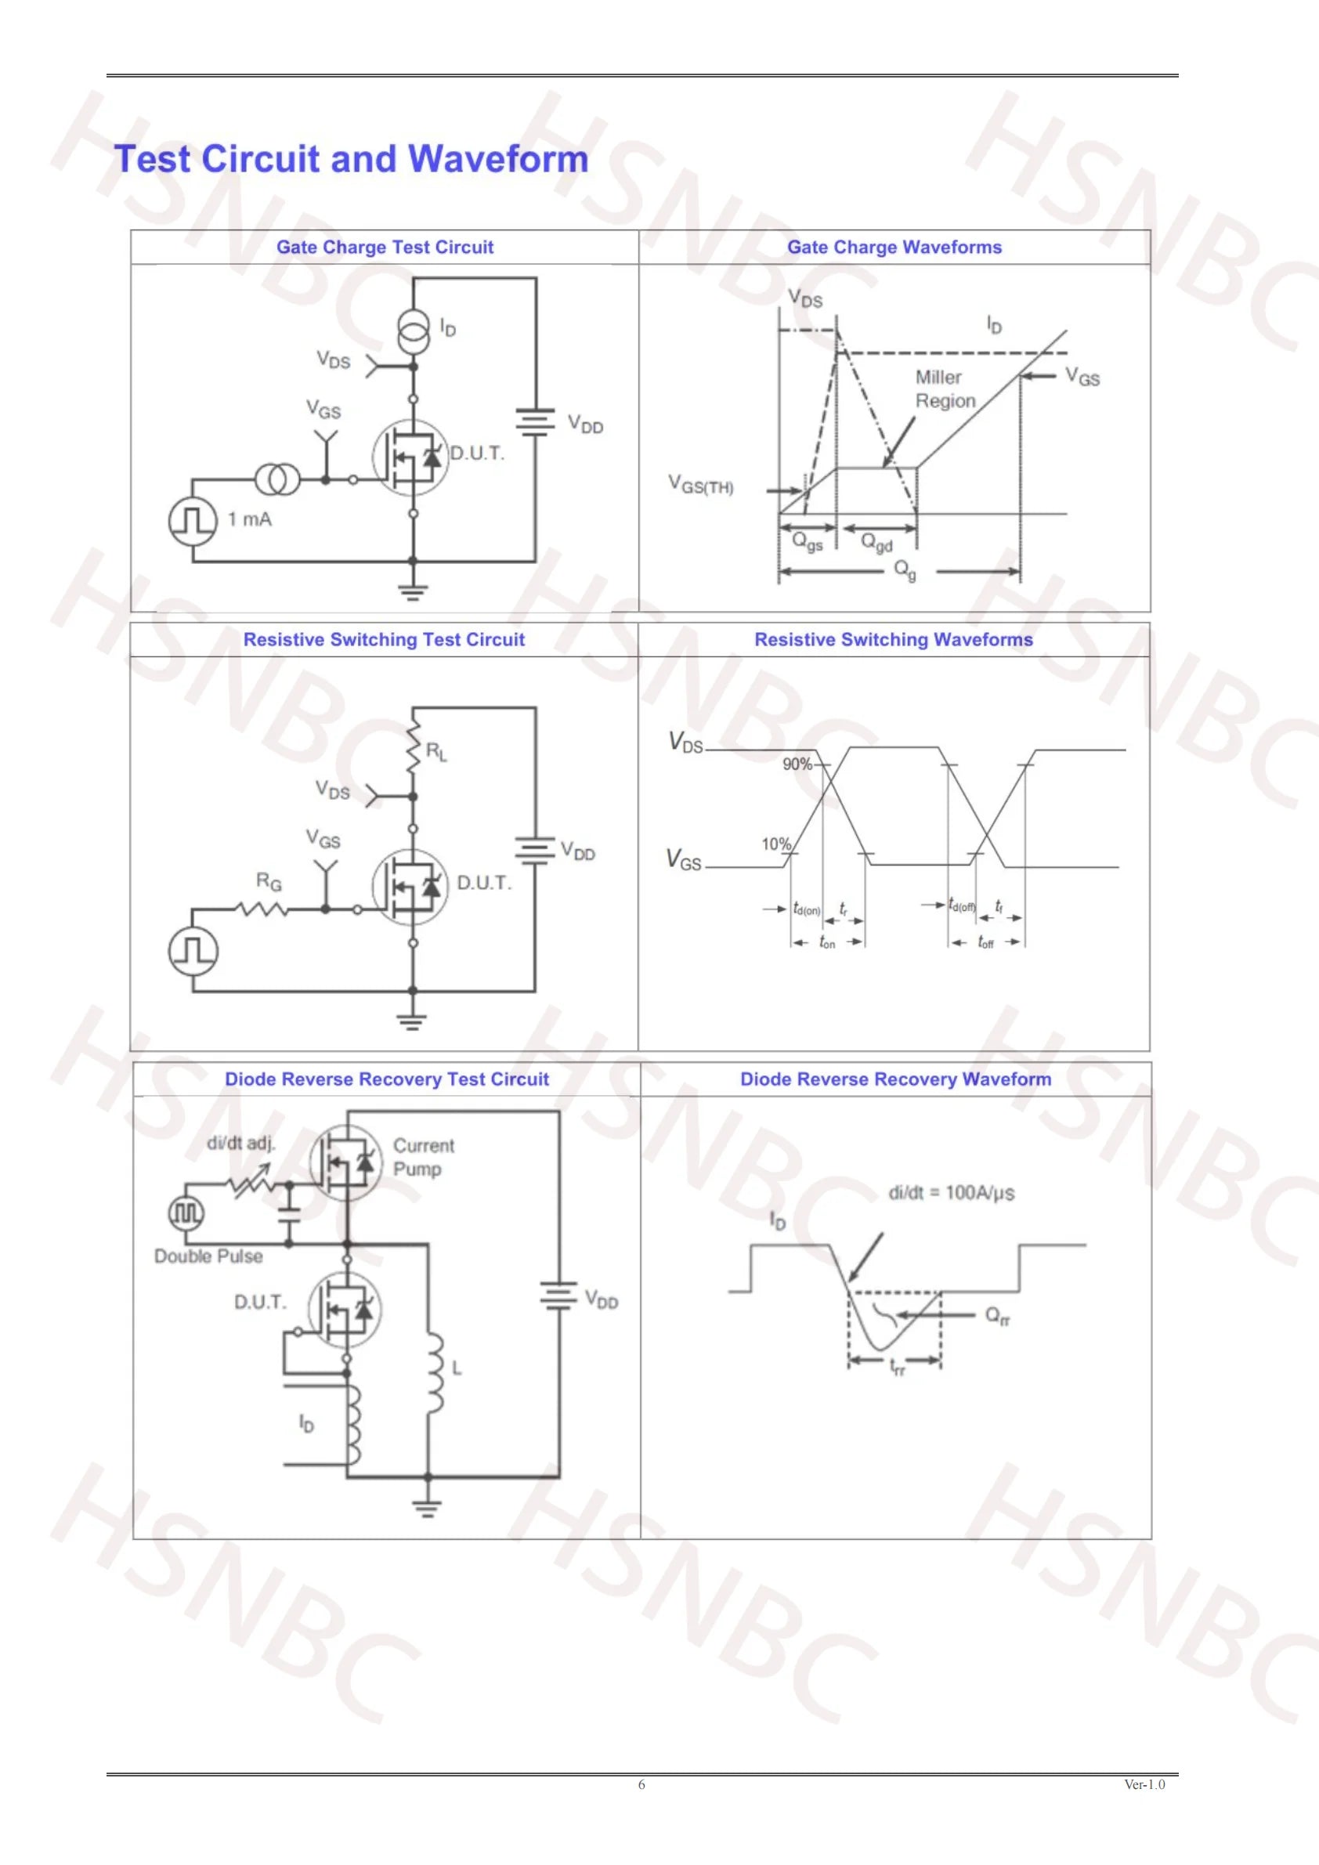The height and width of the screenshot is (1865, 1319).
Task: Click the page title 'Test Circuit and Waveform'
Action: click(x=351, y=158)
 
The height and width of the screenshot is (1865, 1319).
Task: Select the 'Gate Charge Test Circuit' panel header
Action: click(x=385, y=247)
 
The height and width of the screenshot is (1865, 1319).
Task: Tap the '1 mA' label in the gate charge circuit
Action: click(x=249, y=519)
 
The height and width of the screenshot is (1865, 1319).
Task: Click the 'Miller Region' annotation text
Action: click(x=945, y=389)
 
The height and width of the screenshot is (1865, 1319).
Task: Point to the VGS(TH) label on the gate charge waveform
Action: click(x=700, y=485)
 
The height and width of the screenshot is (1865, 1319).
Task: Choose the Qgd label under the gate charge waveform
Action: click(x=876, y=542)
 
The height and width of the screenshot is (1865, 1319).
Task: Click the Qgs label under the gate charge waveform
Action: click(x=808, y=542)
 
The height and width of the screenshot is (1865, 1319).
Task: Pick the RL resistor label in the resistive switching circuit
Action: click(x=437, y=751)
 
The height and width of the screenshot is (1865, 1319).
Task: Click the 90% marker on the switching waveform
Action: click(x=797, y=764)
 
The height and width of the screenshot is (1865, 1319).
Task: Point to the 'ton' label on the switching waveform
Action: click(x=827, y=942)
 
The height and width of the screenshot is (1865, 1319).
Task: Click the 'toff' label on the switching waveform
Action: click(x=985, y=942)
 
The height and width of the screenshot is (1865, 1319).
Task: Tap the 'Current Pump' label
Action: click(x=424, y=1157)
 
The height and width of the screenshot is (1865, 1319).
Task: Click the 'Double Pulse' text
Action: click(x=208, y=1256)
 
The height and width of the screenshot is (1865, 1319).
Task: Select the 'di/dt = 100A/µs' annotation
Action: click(x=951, y=1192)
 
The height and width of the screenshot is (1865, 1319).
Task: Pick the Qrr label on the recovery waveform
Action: click(x=997, y=1316)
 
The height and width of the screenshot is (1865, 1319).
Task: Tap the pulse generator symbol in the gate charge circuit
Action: click(x=193, y=520)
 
